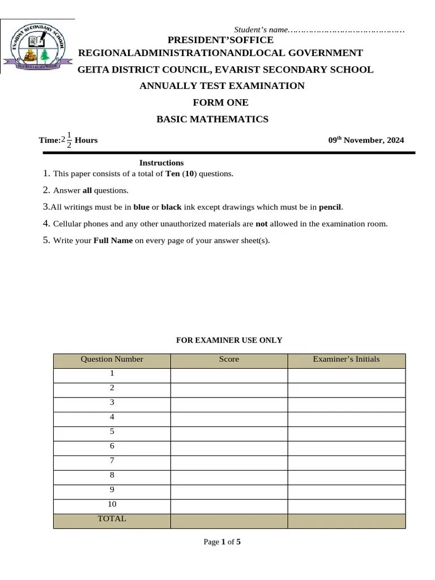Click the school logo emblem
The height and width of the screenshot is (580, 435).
(x=38, y=48)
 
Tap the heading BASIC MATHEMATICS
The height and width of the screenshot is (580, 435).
(x=212, y=120)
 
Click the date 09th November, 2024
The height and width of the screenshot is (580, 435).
(x=366, y=140)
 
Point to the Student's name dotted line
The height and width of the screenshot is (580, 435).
(x=347, y=29)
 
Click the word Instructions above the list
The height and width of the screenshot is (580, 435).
(x=161, y=163)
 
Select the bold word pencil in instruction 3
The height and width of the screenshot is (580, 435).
(x=330, y=207)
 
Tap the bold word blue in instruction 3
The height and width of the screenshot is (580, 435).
(x=141, y=207)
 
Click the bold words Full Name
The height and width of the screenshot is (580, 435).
(x=113, y=240)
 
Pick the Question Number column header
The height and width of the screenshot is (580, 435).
(x=112, y=359)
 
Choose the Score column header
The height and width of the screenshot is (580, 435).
(x=229, y=359)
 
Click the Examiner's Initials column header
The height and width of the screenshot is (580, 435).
(x=346, y=359)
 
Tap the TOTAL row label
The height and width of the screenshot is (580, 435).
(x=112, y=519)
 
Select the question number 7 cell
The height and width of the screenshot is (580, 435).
(x=112, y=460)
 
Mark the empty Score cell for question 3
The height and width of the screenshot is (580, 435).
(x=229, y=403)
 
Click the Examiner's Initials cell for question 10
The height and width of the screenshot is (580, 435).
(x=346, y=504)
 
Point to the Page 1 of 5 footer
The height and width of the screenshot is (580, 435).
(x=222, y=542)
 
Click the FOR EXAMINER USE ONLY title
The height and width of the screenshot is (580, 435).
(x=229, y=340)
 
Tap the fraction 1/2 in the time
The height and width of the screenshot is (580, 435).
(x=69, y=140)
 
